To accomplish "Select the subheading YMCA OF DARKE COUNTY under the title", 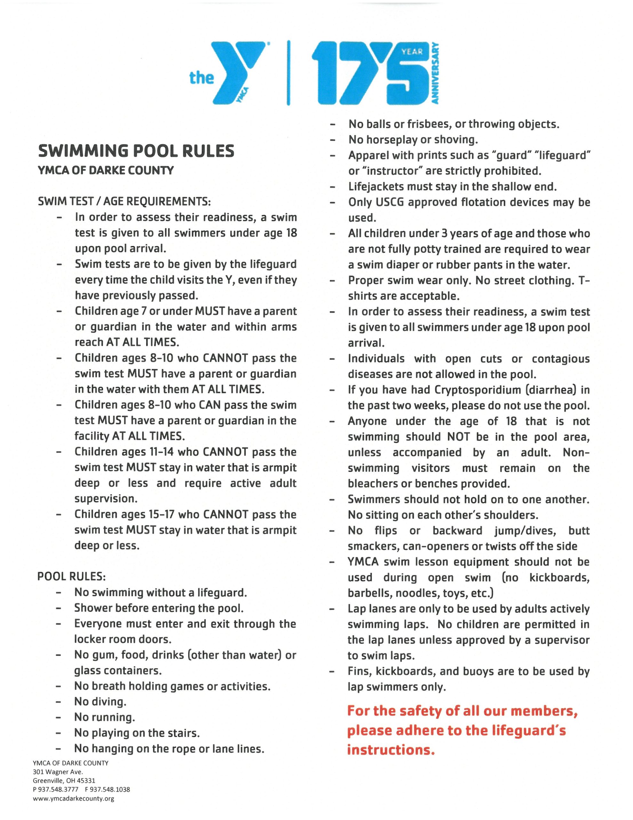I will click(106, 170).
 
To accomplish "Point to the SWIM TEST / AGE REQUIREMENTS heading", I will click(124, 201).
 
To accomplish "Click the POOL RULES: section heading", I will click(71, 576).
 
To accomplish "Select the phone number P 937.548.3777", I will click(56, 789).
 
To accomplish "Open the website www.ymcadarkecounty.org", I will click(74, 798).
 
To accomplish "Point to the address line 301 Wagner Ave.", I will click(58, 772).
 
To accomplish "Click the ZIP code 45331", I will click(86, 781).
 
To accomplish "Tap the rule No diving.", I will click(100, 702).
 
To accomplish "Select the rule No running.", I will click(104, 717).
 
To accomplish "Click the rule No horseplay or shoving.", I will click(413, 140).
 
